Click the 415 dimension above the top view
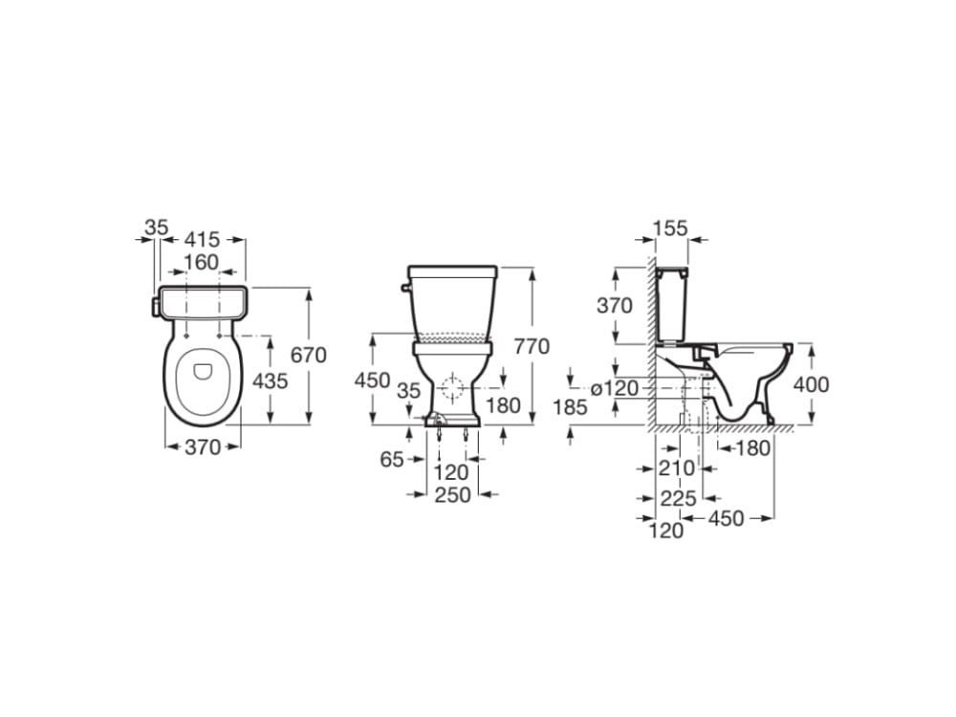202,238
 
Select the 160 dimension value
201,262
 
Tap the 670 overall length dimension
309,355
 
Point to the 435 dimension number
271,381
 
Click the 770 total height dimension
532,346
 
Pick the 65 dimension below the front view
392,459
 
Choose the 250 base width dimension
452,495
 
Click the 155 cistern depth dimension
670,228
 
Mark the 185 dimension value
570,406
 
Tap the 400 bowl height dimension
811,384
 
